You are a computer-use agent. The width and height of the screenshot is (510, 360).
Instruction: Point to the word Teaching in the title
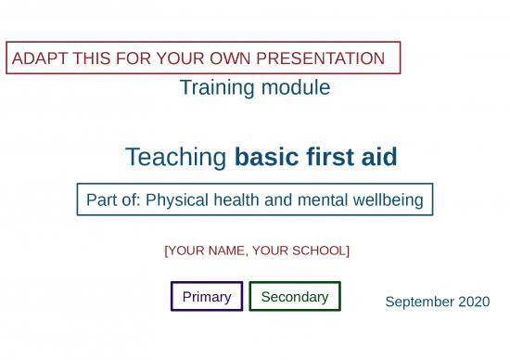(x=176, y=158)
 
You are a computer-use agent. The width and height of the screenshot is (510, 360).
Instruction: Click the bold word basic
(x=266, y=158)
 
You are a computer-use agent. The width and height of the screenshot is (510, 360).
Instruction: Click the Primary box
(x=207, y=297)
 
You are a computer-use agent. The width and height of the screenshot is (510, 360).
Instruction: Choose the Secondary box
(x=295, y=297)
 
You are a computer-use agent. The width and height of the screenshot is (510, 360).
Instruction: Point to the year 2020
(x=473, y=302)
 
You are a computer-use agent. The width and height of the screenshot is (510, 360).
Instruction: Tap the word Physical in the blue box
(x=175, y=199)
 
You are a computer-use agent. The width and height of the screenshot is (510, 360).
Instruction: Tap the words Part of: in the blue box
(x=113, y=199)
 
